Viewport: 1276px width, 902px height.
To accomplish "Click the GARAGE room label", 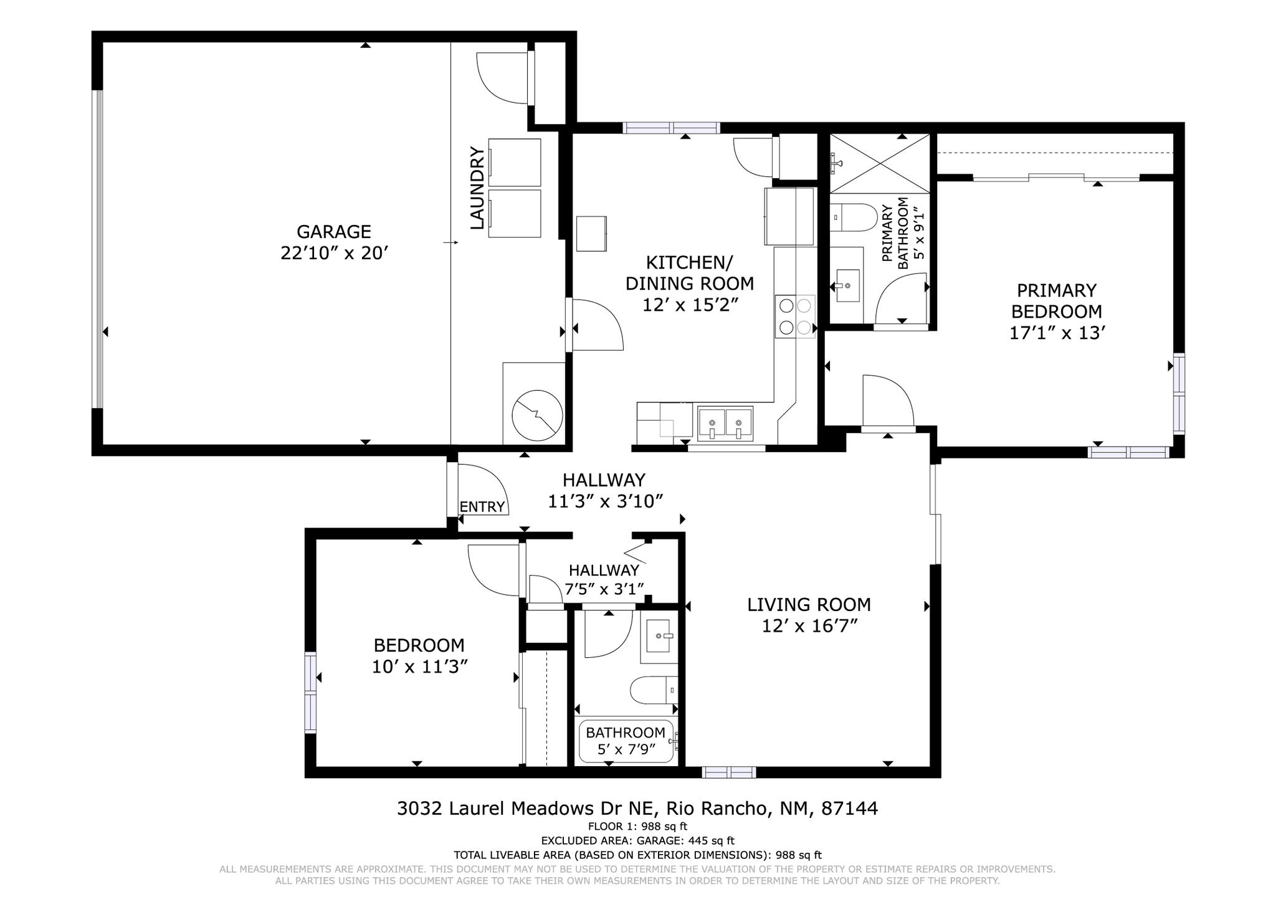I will point(334,232).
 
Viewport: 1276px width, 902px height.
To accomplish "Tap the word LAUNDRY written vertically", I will point(477,188).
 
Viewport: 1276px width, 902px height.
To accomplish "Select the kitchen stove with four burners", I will point(795,316).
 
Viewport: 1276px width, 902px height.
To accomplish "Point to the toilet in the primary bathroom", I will point(854,217).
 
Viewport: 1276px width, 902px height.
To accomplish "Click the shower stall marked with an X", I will point(879,164).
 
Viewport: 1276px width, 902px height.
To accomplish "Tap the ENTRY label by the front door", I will point(482,507).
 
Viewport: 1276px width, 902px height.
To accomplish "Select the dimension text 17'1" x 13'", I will point(1057,333).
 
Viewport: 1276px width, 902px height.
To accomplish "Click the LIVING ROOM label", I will point(809,605).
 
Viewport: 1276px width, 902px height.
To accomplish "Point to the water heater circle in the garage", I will point(537,415).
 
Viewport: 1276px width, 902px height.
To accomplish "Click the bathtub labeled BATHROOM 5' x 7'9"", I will point(626,741).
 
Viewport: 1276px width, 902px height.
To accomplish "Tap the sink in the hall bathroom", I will point(659,636).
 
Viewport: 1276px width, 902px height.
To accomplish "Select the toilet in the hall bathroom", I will point(653,690).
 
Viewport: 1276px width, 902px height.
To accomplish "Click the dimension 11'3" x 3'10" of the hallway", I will point(604,501).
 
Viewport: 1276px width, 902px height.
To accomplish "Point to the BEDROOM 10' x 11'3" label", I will point(419,655).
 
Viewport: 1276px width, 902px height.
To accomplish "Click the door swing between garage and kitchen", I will point(597,325).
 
